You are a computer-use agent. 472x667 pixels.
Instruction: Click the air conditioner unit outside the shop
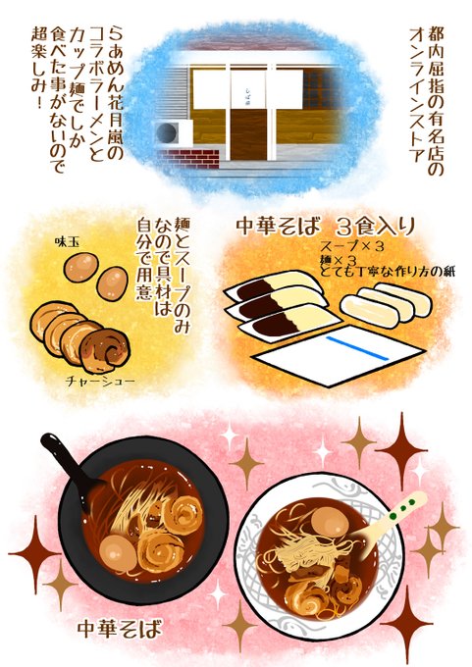pos(174,132)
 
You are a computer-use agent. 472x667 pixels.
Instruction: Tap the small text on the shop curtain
pos(249,90)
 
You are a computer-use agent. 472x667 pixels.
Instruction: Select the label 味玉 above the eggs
pos(68,243)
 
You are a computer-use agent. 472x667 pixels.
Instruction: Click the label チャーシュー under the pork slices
pos(100,381)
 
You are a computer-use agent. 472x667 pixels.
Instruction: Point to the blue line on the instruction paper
pos(357,348)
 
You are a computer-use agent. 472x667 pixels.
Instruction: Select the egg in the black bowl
pos(119,553)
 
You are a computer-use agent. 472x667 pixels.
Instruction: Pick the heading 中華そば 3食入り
pos(325,228)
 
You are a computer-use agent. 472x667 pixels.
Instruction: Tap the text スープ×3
pos(351,246)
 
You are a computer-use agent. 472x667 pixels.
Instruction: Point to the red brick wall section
pos(187,158)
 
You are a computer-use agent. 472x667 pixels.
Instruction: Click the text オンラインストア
pos(417,96)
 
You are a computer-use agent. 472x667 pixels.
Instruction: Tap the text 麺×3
pos(339,260)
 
